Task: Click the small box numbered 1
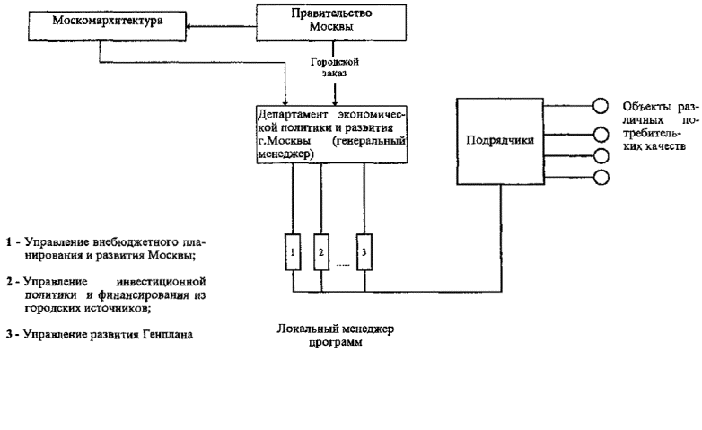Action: (293, 251)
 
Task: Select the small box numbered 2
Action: (320, 251)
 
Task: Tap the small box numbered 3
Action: (364, 251)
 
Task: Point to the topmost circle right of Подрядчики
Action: (601, 105)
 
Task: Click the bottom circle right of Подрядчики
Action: (601, 176)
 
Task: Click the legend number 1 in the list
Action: (9, 242)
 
